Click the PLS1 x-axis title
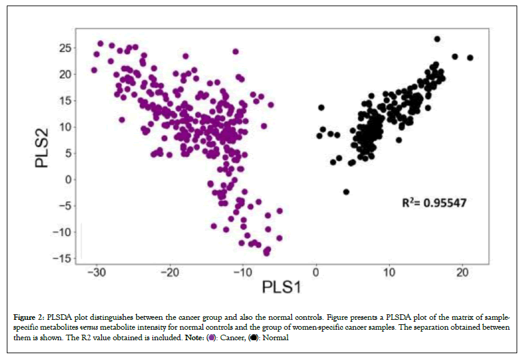(281, 288)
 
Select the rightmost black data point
(470, 57)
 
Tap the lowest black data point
(346, 192)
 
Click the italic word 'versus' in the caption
(89, 327)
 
